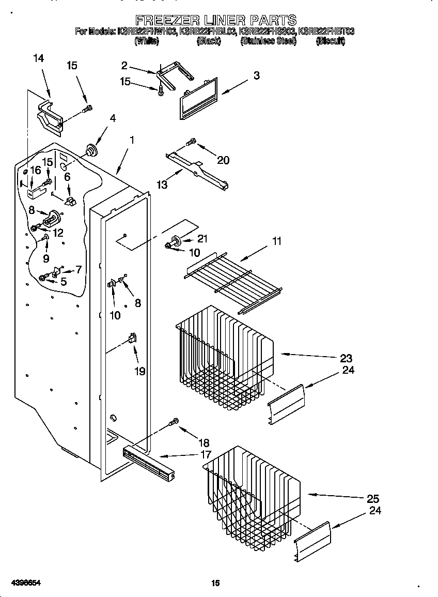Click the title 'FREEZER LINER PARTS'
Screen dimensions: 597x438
click(215, 20)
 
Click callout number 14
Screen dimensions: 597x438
click(38, 59)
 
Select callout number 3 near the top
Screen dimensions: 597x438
click(256, 75)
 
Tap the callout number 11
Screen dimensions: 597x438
click(277, 241)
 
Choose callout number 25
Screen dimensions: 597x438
click(372, 499)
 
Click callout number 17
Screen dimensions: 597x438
click(205, 455)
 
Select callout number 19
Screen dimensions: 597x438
click(139, 371)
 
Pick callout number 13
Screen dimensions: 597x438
click(162, 184)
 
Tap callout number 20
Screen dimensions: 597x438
click(223, 160)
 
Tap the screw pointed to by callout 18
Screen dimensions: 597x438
click(175, 422)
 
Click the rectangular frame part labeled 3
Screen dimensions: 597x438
click(199, 98)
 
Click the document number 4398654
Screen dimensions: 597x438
click(21, 583)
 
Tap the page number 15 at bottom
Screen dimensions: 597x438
click(215, 583)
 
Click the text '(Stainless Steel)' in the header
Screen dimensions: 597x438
click(269, 41)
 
